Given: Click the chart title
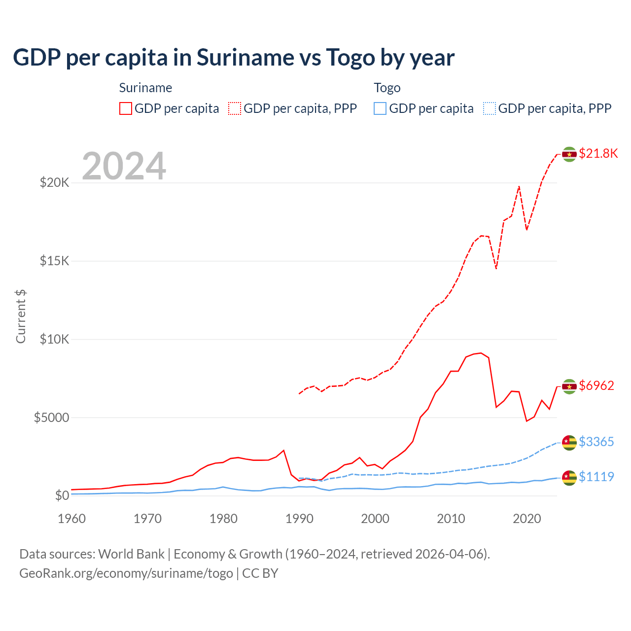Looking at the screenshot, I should click(234, 58).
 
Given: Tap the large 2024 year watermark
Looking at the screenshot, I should click(124, 166).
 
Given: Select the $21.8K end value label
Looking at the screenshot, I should click(598, 153).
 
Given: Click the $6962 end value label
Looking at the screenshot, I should click(596, 386).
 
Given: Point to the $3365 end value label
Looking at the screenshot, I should click(596, 442).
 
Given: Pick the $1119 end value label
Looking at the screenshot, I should click(596, 477).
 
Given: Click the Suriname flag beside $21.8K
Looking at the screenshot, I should click(569, 154).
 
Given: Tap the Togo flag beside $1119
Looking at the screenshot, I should click(569, 478).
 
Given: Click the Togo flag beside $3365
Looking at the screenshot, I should click(569, 443).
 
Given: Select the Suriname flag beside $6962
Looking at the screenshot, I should click(569, 386).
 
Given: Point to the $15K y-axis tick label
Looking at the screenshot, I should click(55, 261).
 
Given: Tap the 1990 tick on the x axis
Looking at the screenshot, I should click(299, 519).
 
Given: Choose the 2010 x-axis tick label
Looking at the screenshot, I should click(451, 519).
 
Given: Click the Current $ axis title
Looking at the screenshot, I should click(21, 316).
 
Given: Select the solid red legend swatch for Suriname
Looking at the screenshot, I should click(126, 108).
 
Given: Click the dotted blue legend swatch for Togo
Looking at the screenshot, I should click(490, 108).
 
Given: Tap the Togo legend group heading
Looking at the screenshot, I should click(387, 88).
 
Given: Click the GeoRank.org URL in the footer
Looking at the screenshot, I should click(126, 573).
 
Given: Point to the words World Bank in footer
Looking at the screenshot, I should click(131, 554).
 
